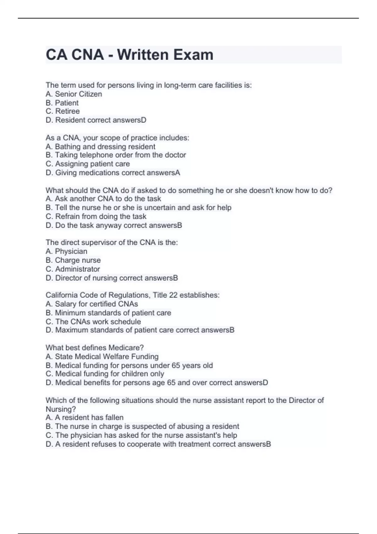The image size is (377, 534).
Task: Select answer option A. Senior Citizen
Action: [x=74, y=94]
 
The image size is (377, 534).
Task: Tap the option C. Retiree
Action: [x=63, y=111]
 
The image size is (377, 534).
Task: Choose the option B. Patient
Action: [x=62, y=103]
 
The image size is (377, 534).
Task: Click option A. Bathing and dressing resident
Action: [x=100, y=147]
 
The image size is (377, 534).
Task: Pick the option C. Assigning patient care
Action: [x=88, y=164]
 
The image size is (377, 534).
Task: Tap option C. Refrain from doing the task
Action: [x=96, y=216]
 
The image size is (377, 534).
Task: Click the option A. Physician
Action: [x=66, y=251]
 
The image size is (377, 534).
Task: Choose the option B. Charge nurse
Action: [x=73, y=260]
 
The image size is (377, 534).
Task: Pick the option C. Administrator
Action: [x=73, y=269]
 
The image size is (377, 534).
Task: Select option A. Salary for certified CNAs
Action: [x=92, y=304]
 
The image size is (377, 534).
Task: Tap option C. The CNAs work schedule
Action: [x=93, y=322]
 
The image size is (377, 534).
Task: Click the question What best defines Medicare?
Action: [x=95, y=348]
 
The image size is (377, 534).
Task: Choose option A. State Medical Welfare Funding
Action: [x=102, y=357]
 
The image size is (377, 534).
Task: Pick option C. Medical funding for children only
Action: [x=105, y=374]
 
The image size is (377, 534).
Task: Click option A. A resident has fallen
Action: [x=85, y=417]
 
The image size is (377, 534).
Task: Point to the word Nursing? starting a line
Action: [x=61, y=409]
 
